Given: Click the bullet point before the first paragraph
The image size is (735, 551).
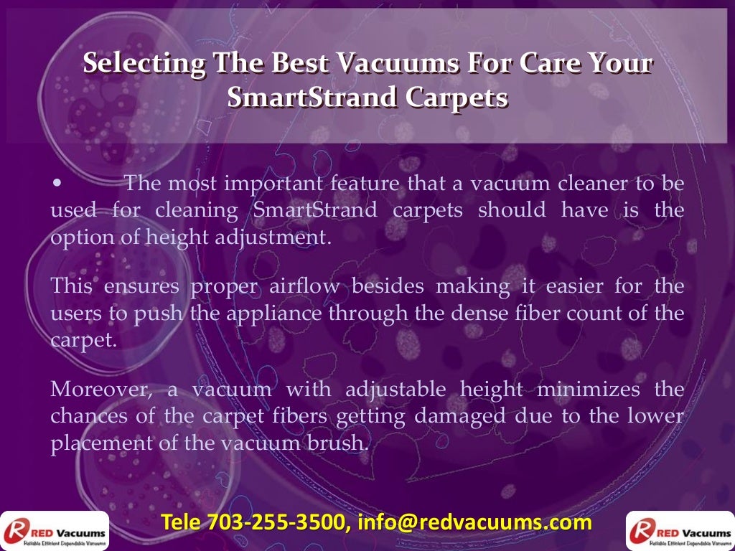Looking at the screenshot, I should pyautogui.click(x=57, y=184).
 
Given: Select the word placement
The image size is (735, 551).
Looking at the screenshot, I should pyautogui.click(x=101, y=443).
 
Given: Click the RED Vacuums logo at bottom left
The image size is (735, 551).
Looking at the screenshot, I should pyautogui.click(x=55, y=532).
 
